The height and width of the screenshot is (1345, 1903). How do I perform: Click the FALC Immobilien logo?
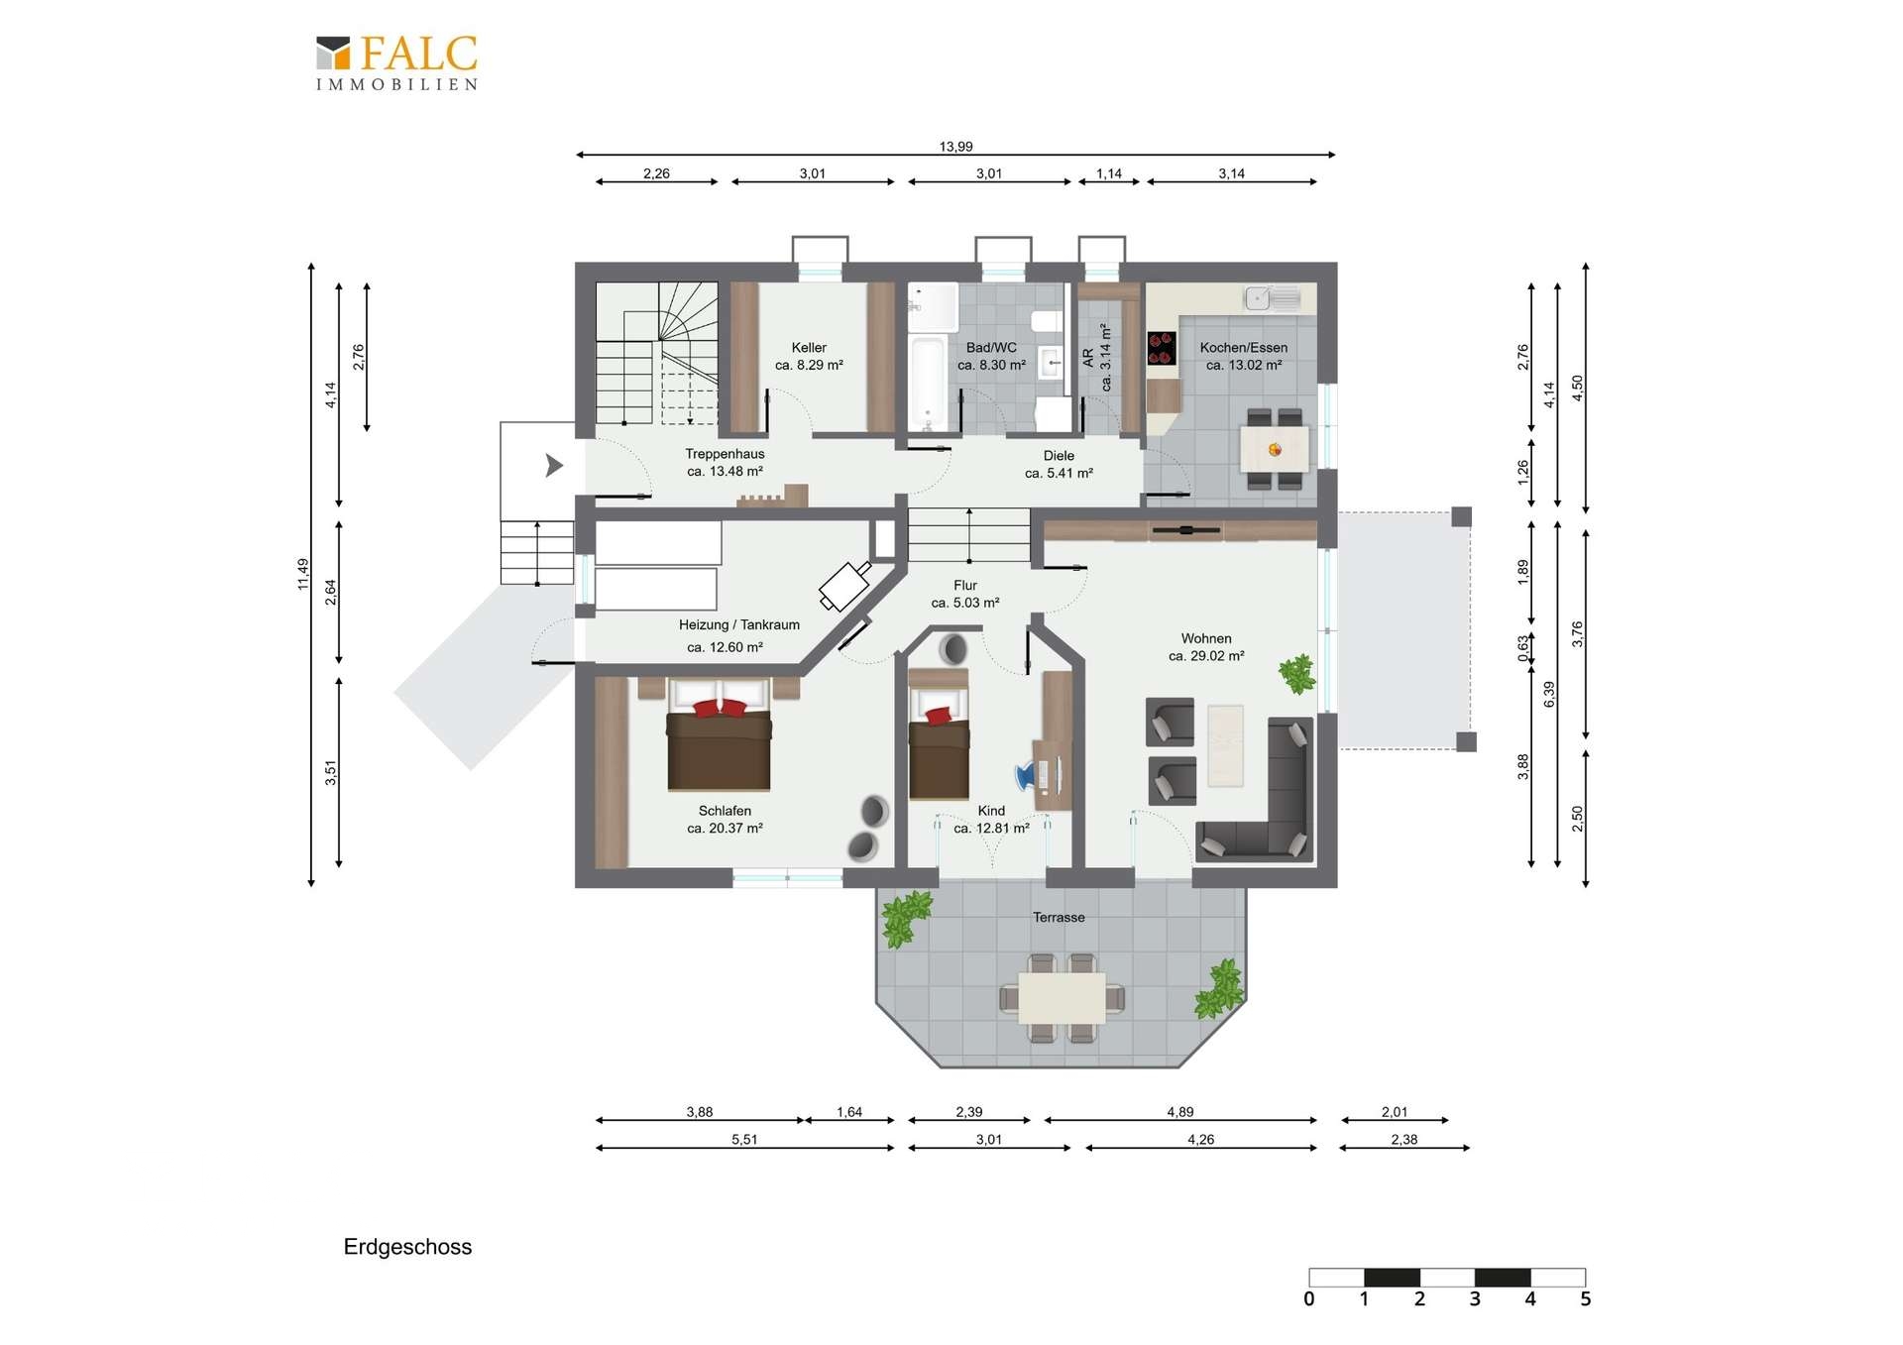coord(396,62)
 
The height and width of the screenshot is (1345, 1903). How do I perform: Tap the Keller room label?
coord(809,348)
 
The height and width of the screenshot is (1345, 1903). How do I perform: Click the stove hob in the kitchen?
coord(1162,348)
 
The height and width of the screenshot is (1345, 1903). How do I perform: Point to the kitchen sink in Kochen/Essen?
coord(1273,297)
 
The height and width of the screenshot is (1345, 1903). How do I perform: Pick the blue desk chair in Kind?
coord(1026,775)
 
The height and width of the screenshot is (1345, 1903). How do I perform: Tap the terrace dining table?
coord(1062,998)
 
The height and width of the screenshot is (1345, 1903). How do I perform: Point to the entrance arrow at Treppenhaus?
coord(554,465)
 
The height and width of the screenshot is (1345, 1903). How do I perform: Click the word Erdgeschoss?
coord(407,1247)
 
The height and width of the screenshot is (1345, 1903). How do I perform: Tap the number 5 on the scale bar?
coord(1585,1299)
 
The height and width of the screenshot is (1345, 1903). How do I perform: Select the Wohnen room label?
coord(1206,639)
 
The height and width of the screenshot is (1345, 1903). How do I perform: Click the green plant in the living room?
coord(1296,674)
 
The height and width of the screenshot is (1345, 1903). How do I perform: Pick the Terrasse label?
coord(1059,918)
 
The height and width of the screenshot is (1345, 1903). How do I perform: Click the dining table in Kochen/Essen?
coord(1275,449)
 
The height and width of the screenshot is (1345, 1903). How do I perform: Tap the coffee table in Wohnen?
coord(1225,745)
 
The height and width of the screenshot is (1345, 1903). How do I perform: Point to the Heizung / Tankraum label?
coord(738,625)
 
